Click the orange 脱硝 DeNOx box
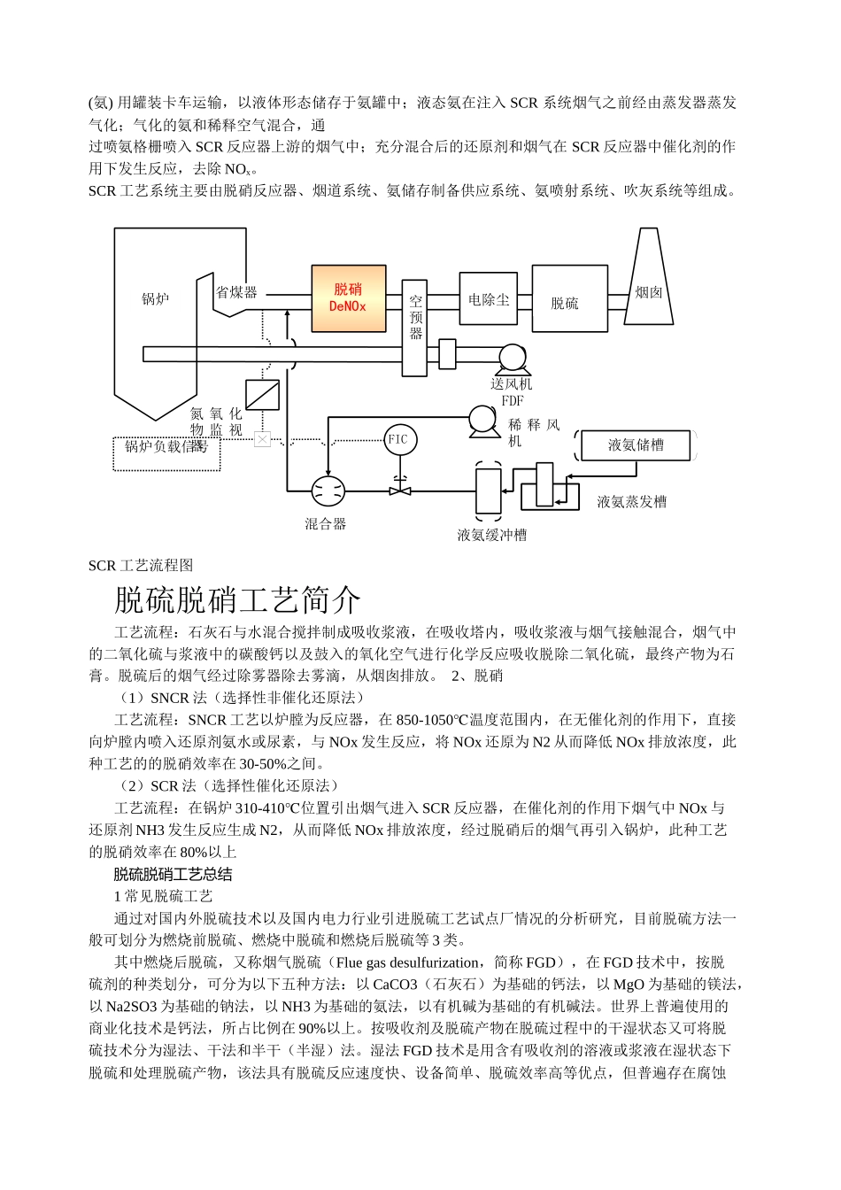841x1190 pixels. (x=348, y=298)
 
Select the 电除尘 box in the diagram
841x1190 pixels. (x=488, y=299)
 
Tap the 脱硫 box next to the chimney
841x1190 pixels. (x=569, y=299)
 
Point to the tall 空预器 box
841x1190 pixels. (x=415, y=327)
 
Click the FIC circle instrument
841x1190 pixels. (x=399, y=439)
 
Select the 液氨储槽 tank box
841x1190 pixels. (x=636, y=445)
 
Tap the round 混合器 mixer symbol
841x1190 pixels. (x=328, y=491)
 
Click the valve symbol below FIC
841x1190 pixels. (x=400, y=487)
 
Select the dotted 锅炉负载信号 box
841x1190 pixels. (x=166, y=452)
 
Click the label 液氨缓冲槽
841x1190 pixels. (x=491, y=535)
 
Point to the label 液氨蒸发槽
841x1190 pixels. (x=631, y=502)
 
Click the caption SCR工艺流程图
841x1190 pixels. (x=141, y=566)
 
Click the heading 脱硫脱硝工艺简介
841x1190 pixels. (x=237, y=600)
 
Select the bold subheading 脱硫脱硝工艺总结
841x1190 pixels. (x=173, y=875)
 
